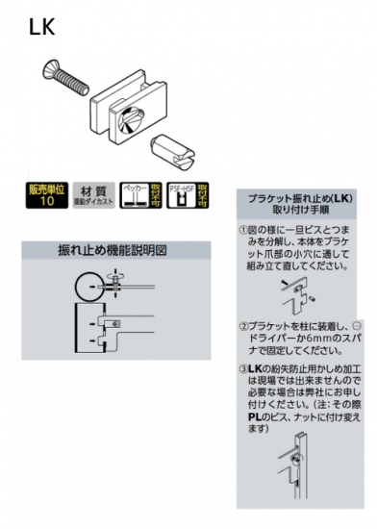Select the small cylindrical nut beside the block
[x=174, y=149]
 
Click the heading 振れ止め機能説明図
[x=113, y=250]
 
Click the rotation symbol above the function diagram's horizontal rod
[x=115, y=279]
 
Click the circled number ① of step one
[x=243, y=231]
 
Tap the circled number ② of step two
[x=243, y=325]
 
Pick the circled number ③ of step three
[x=243, y=368]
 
